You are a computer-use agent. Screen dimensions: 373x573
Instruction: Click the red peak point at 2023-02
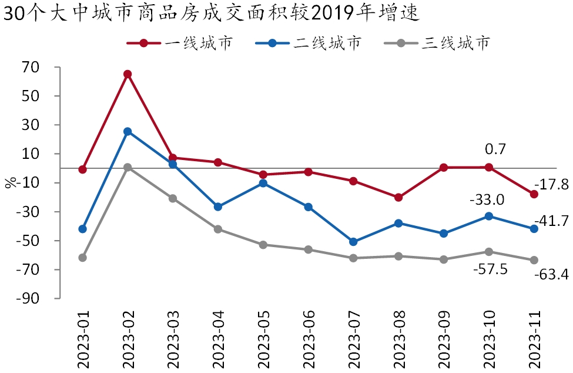(128, 74)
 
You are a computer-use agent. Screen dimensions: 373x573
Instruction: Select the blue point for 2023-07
(353, 242)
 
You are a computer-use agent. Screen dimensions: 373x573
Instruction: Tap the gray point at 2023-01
(82, 258)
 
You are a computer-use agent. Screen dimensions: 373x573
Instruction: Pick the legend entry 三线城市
(455, 43)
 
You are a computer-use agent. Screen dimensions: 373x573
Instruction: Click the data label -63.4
(551, 274)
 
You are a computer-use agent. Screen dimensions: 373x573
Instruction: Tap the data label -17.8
(552, 184)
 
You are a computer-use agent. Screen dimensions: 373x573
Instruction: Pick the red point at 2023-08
(398, 198)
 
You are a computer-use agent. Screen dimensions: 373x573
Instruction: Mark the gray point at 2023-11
(534, 260)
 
